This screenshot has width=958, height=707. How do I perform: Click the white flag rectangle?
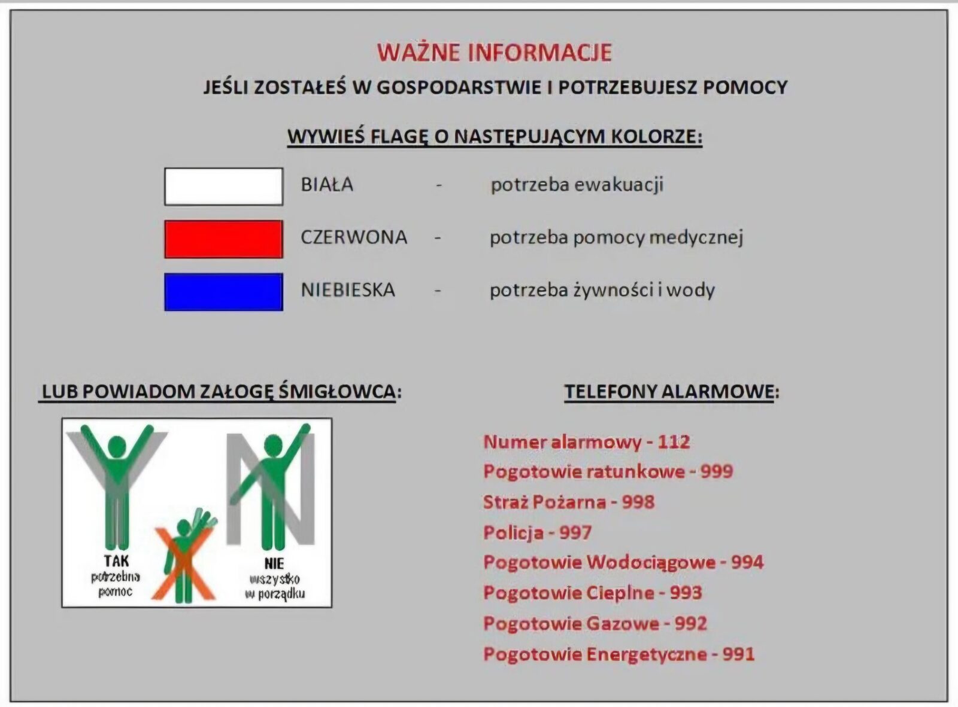tap(224, 187)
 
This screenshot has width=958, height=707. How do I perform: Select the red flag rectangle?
tap(224, 239)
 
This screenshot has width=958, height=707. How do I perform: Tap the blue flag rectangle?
tap(224, 292)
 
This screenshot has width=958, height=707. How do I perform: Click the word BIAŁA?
tap(327, 185)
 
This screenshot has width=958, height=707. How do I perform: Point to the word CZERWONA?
tap(354, 237)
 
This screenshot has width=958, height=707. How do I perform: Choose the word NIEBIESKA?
tap(348, 289)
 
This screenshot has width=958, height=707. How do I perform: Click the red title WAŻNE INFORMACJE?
tap(495, 53)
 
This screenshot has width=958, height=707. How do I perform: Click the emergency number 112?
tap(674, 442)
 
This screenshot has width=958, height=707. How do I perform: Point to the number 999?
tap(717, 471)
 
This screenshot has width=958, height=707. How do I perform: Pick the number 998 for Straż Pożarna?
tap(638, 502)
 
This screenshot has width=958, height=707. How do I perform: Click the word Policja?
tap(513, 532)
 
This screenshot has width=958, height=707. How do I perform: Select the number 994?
tap(747, 562)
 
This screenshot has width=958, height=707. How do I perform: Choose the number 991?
tap(739, 654)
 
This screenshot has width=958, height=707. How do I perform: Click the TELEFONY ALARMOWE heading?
tap(672, 392)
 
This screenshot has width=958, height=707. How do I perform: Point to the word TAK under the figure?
tap(116, 561)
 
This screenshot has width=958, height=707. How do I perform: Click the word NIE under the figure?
tap(274, 563)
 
